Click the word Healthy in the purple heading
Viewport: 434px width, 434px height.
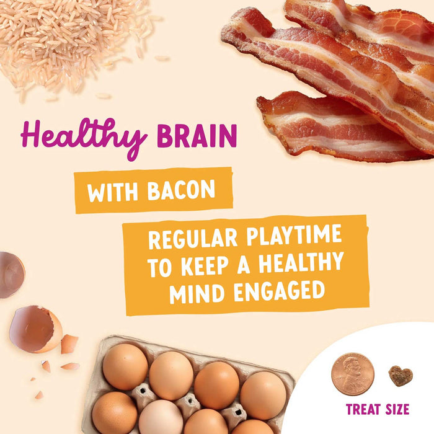tap(84, 136)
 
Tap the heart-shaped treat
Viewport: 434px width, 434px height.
tap(400, 376)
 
